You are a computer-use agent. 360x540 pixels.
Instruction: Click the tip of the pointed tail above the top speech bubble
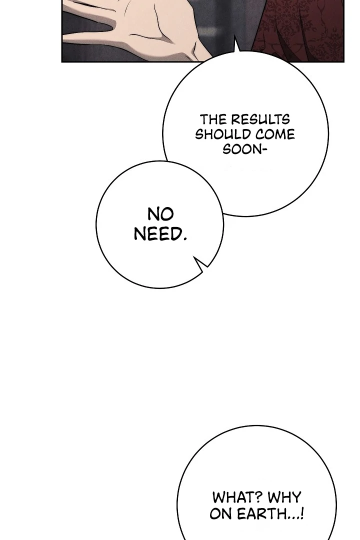coord(235,35)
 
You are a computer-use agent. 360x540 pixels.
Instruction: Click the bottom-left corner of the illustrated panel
coord(61,62)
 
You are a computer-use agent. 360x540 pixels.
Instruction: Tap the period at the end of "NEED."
coord(184,238)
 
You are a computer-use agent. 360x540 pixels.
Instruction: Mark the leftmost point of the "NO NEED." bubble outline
coord(96,224)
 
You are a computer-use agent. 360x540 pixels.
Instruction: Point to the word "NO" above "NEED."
coord(160,214)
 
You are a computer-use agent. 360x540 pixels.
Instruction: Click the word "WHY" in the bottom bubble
coord(284,497)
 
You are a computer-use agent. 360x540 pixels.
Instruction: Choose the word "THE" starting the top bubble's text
coord(213,120)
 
